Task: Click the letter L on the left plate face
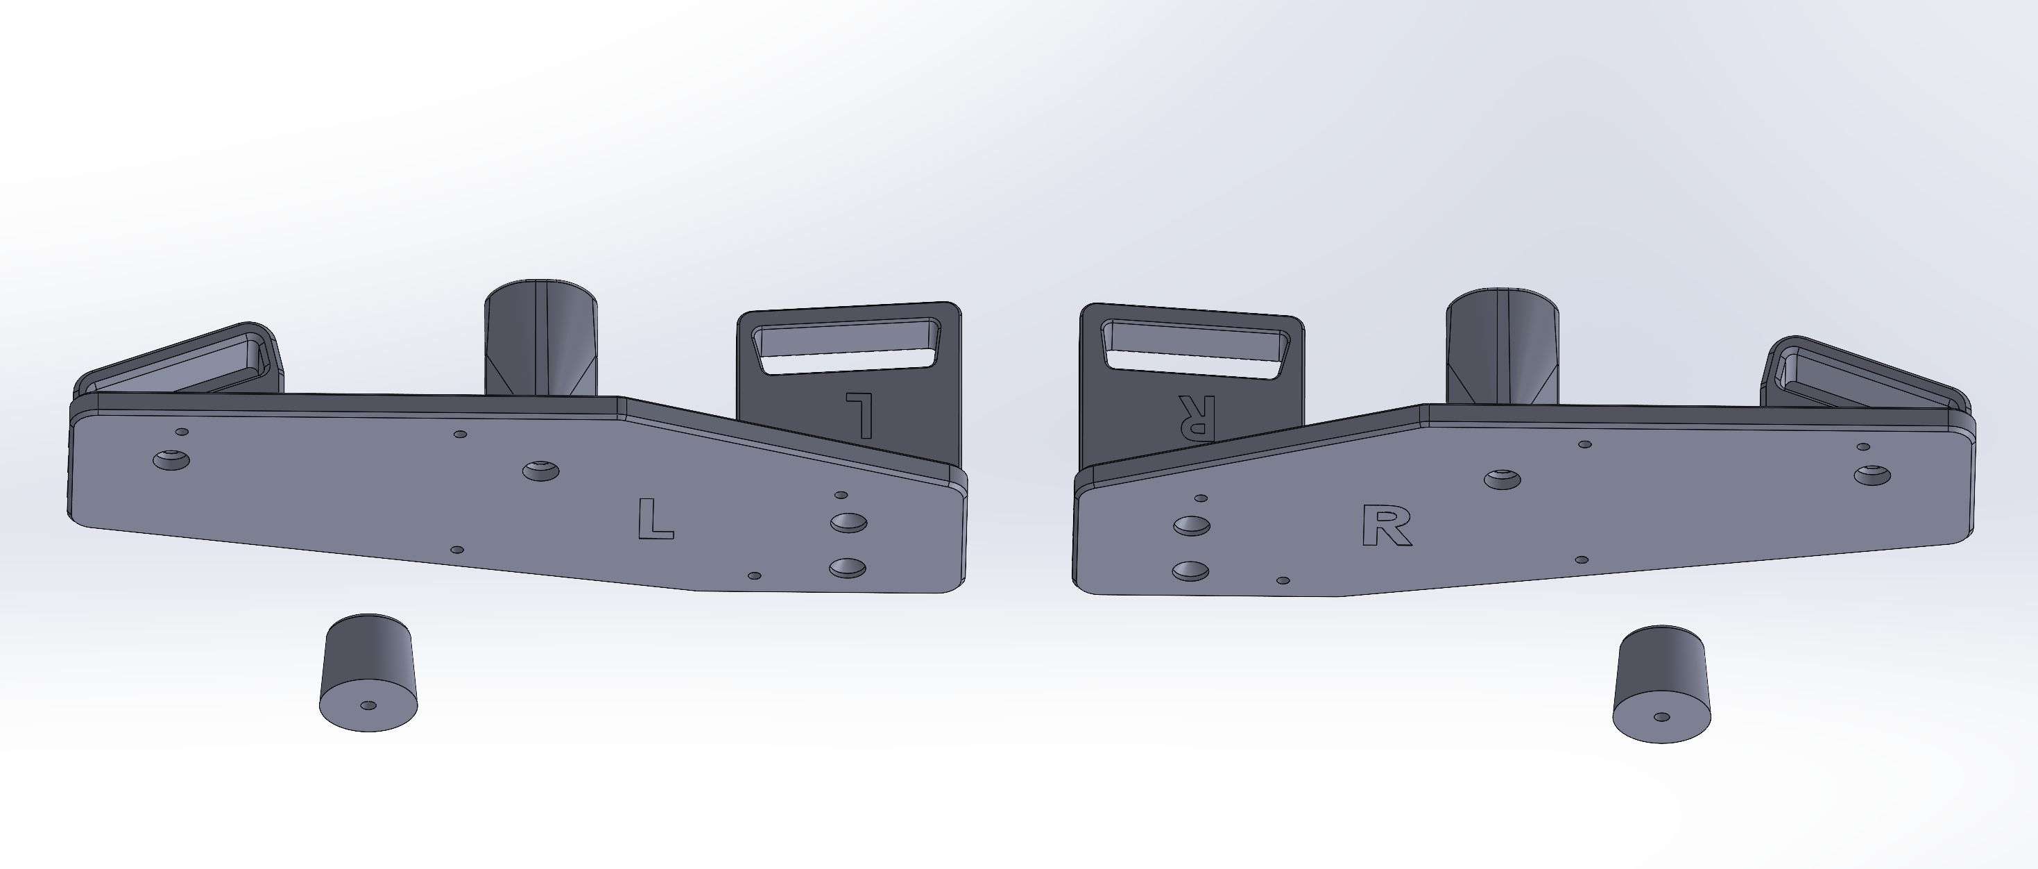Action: [x=655, y=519]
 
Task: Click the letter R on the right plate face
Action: [x=1387, y=525]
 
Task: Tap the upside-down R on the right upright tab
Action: [x=1196, y=416]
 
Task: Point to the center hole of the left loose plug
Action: [x=368, y=705]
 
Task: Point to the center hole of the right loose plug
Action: [x=1662, y=717]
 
